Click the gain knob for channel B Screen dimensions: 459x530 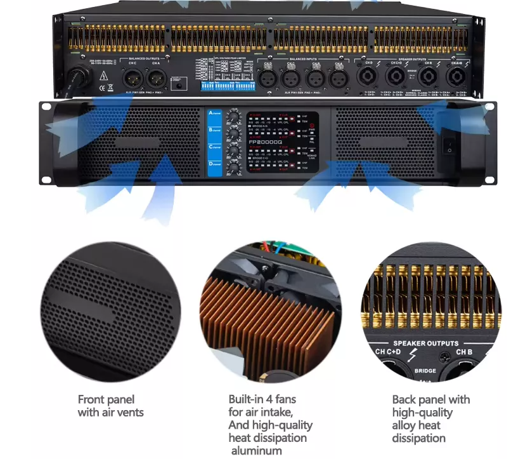235,135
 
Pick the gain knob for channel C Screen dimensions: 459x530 235,152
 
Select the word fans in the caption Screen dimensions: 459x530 284,399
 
